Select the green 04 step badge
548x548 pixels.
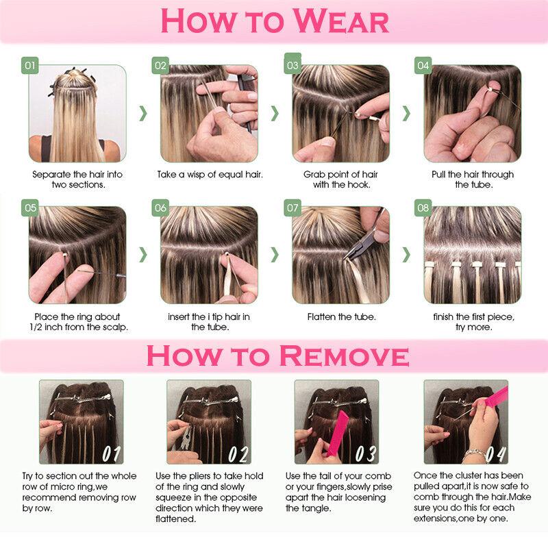pos(423,66)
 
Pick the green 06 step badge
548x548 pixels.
pos(160,208)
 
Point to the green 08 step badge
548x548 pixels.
pos(423,208)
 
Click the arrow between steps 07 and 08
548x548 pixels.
pos(406,254)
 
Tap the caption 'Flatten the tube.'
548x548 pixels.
pos(340,318)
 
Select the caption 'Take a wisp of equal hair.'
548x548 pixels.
pos(210,175)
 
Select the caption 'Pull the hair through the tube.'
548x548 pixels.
pos(472,179)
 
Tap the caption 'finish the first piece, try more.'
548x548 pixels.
pos(472,323)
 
